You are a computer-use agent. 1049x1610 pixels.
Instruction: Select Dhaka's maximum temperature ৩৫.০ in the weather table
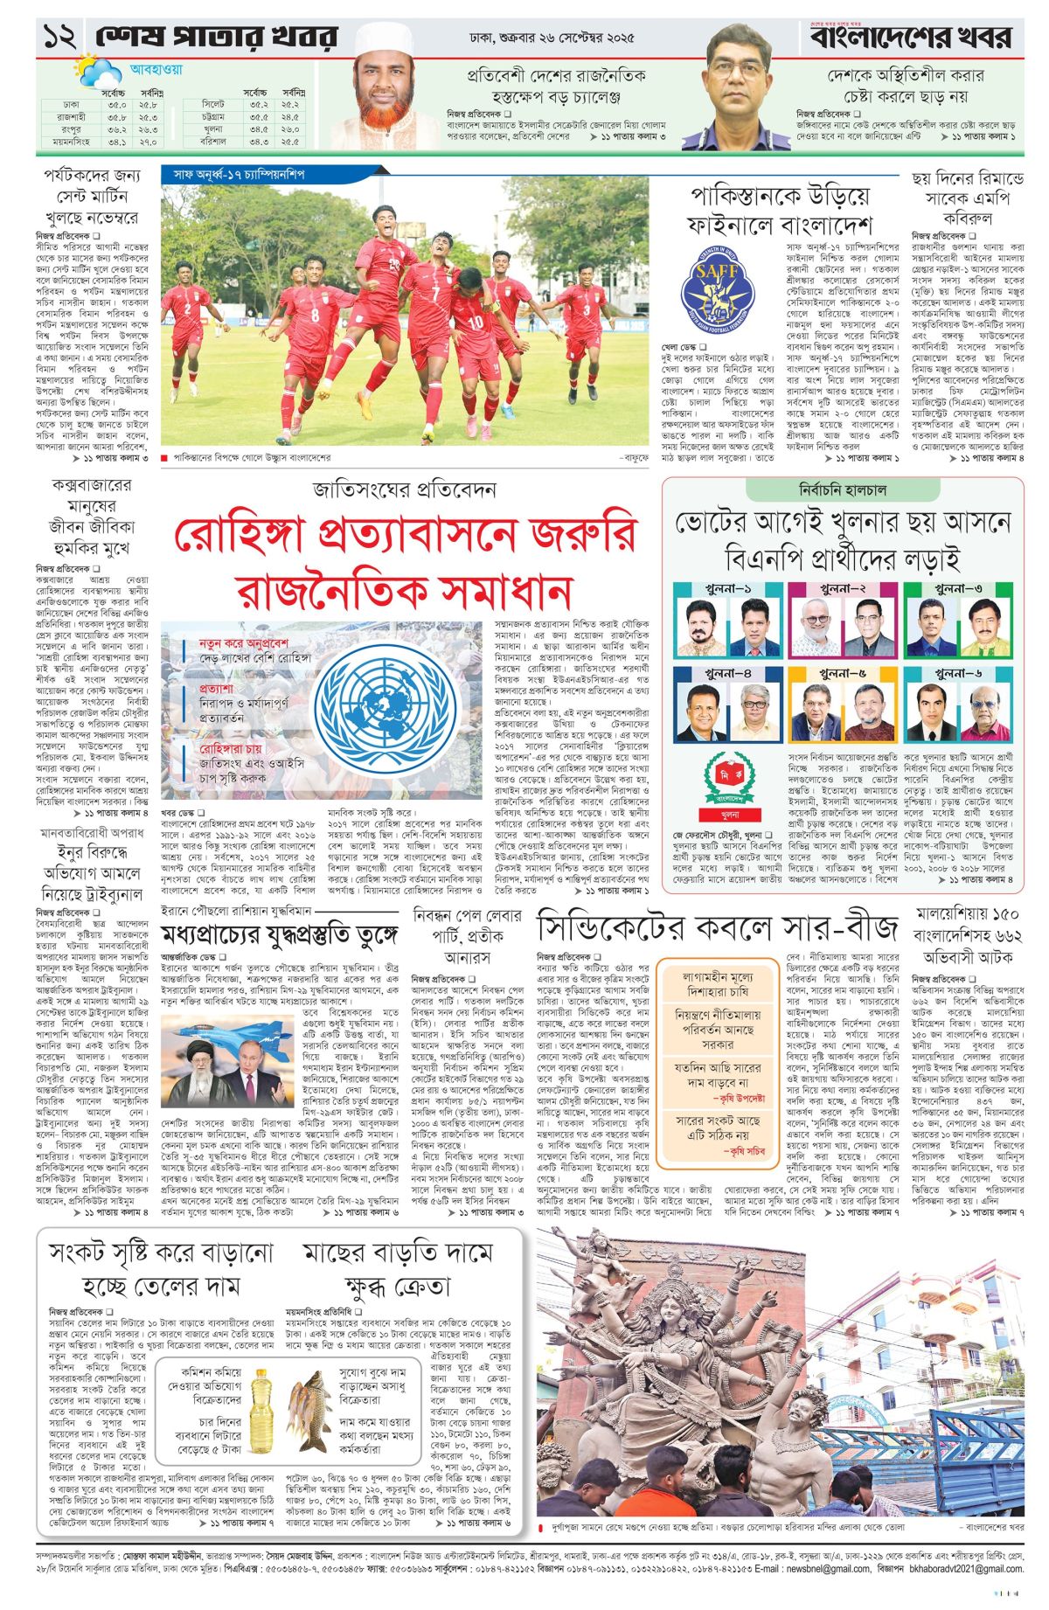[117, 105]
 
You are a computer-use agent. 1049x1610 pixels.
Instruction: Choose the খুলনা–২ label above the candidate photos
[844, 589]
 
